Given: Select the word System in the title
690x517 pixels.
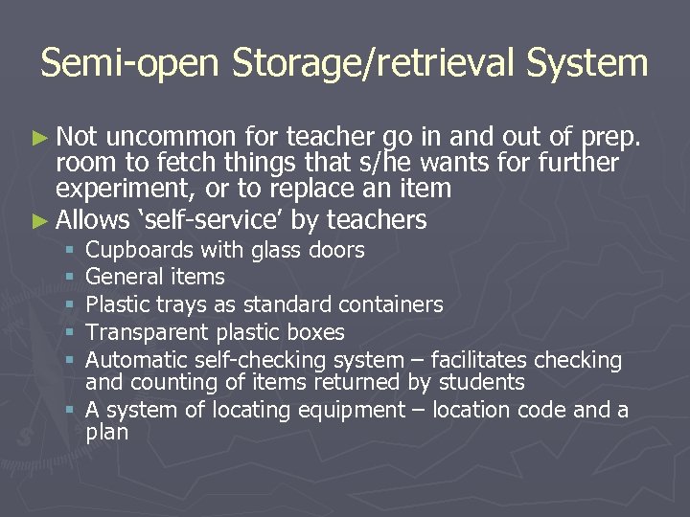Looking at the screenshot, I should (586, 63).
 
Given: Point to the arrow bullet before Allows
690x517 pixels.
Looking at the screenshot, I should (44, 221).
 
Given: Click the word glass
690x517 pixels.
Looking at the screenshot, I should (275, 250).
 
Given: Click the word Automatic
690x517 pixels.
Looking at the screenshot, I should (136, 360).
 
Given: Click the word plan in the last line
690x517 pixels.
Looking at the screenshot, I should (106, 432).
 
